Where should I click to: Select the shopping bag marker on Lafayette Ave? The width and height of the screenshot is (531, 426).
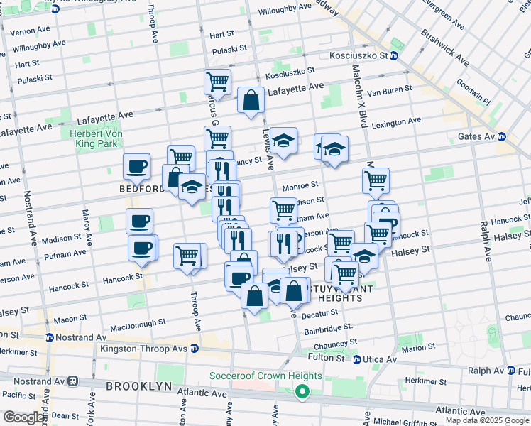[x=251, y=101]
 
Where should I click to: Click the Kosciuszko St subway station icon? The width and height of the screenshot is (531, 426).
[x=394, y=55]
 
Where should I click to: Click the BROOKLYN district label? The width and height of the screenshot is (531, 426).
[x=139, y=386]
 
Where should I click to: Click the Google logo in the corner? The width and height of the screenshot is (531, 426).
[x=23, y=417]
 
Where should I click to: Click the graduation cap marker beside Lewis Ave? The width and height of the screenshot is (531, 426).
[x=283, y=142]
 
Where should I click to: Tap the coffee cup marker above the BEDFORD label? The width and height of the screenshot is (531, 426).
[x=136, y=167]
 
